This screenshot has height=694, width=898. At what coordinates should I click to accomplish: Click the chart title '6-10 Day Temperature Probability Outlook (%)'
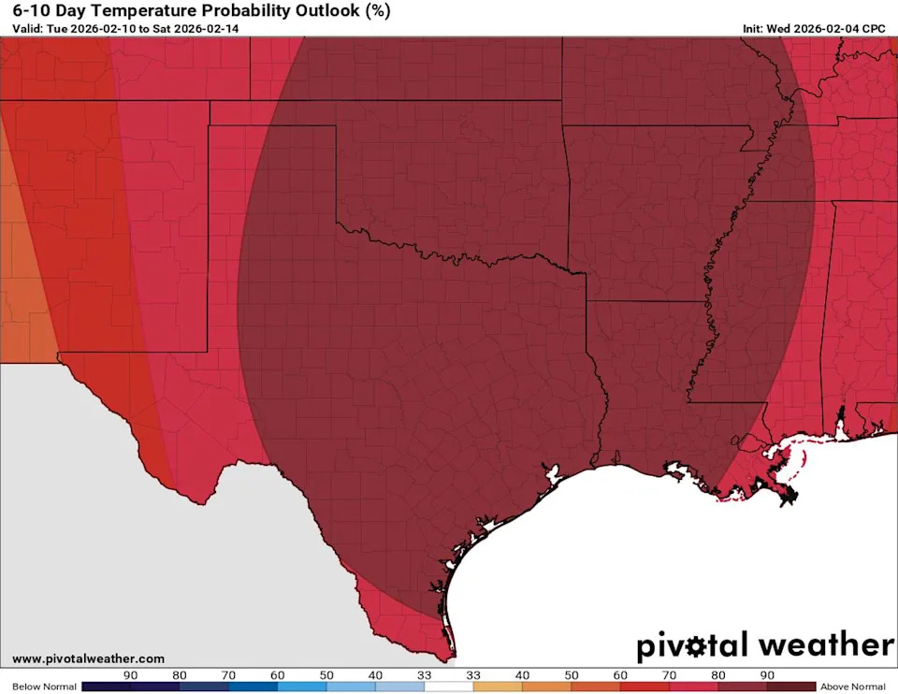click(201, 11)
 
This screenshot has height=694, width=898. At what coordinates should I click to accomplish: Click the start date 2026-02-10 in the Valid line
click(103, 29)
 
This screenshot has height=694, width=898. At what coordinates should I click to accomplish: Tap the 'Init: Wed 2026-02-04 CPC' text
click(813, 29)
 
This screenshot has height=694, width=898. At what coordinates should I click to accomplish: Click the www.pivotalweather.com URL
click(88, 658)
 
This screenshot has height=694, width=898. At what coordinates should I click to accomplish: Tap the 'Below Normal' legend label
click(40, 687)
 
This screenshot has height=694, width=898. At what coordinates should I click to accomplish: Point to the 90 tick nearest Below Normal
click(131, 674)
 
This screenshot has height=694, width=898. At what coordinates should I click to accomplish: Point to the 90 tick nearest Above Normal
click(766, 674)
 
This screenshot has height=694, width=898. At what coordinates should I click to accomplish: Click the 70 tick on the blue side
click(228, 674)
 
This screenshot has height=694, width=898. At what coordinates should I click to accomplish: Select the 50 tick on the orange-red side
click(571, 674)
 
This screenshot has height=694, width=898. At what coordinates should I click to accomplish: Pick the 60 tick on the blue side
click(277, 674)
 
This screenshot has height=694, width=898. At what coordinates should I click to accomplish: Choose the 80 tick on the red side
click(717, 674)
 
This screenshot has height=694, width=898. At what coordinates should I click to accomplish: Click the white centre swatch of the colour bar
click(448, 687)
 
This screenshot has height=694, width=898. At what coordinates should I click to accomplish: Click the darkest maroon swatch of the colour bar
click(790, 687)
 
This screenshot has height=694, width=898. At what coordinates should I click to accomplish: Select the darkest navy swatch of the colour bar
click(107, 687)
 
